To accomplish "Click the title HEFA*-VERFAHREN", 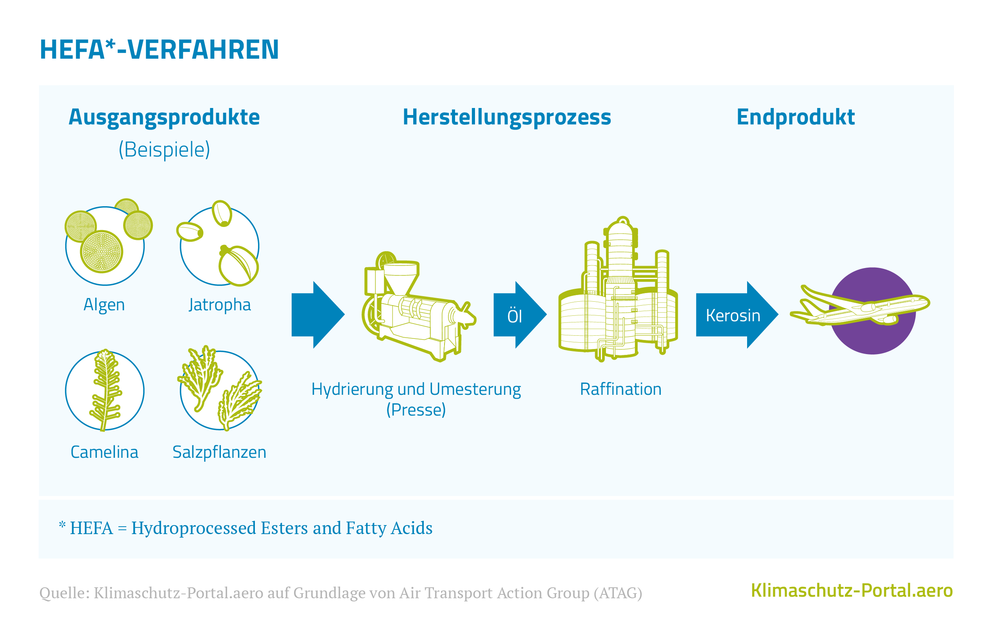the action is pyautogui.click(x=159, y=50).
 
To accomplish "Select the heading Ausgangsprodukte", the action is pyautogui.click(x=164, y=117).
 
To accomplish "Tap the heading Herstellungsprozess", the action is pyautogui.click(x=507, y=117).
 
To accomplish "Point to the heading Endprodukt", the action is pyautogui.click(x=796, y=117).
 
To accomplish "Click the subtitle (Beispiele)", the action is pyautogui.click(x=165, y=149).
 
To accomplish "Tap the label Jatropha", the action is pyautogui.click(x=220, y=305).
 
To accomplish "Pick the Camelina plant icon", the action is pyautogui.click(x=105, y=390).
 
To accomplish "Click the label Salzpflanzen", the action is pyautogui.click(x=219, y=452).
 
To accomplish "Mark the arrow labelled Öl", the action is pyautogui.click(x=520, y=315).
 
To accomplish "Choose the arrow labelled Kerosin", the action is pyautogui.click(x=737, y=315).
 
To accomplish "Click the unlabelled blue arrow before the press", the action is pyautogui.click(x=318, y=315).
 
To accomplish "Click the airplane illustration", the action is pyautogui.click(x=860, y=306).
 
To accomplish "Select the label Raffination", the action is pyautogui.click(x=621, y=389).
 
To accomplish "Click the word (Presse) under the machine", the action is pyautogui.click(x=416, y=410).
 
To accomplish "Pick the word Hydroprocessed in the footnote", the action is pyautogui.click(x=194, y=528).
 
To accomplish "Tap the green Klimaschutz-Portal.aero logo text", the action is pyautogui.click(x=852, y=590).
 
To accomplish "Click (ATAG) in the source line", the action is pyautogui.click(x=618, y=593).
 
